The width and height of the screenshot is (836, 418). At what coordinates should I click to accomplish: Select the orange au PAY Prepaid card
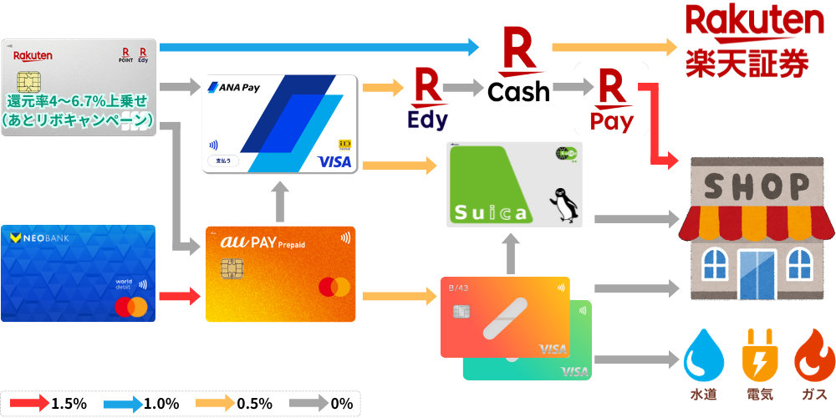click(x=280, y=274)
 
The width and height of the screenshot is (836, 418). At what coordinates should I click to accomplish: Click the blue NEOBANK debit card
click(x=78, y=273)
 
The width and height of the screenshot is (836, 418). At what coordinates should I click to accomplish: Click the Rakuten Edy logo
click(x=427, y=102)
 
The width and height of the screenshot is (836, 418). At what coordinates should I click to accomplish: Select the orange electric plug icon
click(x=758, y=356)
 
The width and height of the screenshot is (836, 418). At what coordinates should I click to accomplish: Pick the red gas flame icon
click(x=813, y=356)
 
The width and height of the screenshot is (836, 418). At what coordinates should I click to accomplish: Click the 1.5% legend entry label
click(x=69, y=403)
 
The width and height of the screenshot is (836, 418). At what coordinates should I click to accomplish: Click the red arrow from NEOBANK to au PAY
click(x=181, y=295)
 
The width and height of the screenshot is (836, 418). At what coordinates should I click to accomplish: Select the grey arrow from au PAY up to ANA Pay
click(x=280, y=201)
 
